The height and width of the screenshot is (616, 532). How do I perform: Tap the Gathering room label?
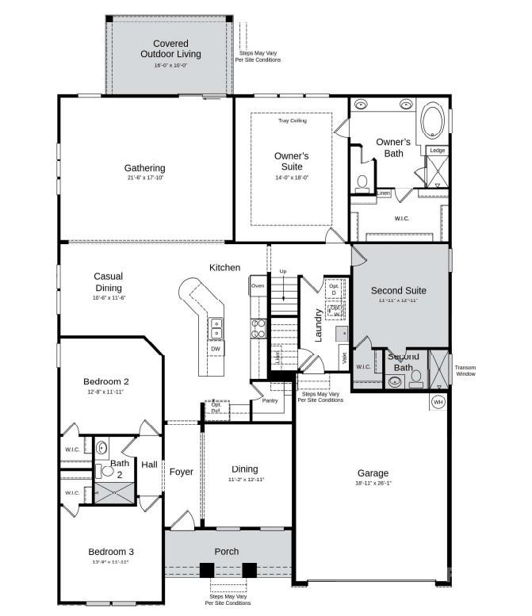point(144,168)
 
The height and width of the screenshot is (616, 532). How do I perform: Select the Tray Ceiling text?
point(292,121)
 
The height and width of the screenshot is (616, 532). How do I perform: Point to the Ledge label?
point(437,151)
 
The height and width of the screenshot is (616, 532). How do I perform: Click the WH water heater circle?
point(438,402)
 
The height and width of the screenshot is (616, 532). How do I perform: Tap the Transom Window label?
point(465,370)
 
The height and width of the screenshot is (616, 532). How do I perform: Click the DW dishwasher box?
point(215,349)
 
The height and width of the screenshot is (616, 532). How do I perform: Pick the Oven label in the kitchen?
point(258,285)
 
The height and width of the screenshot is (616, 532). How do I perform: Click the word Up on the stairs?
point(282,272)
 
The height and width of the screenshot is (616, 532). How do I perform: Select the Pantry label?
point(270,401)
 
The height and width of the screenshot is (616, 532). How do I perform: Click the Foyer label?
point(182,472)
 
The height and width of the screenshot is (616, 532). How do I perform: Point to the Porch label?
point(227,552)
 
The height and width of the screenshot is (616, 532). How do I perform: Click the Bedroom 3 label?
point(111,552)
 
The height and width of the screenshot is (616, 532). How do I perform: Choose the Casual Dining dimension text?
point(109,297)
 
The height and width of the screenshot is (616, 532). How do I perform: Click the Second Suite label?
point(398,290)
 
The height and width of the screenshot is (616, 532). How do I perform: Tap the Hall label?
point(149,465)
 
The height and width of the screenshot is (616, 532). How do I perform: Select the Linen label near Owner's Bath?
point(383,193)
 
